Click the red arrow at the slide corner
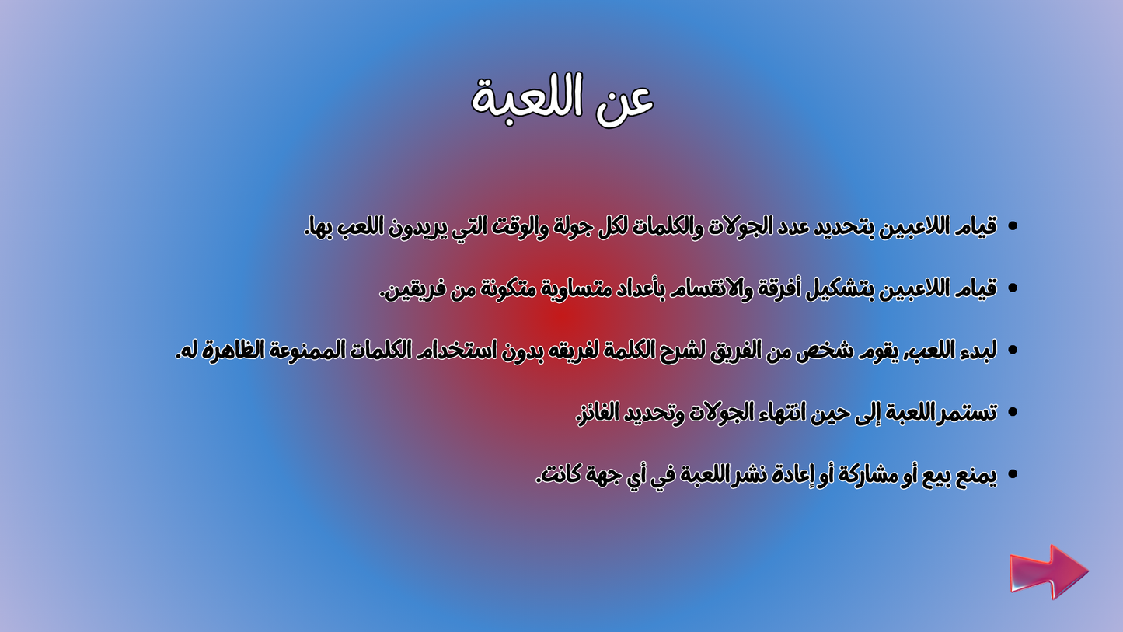[1048, 572]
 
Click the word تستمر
[968, 413]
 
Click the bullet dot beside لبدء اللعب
[1012, 351]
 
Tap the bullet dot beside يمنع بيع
[1012, 474]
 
